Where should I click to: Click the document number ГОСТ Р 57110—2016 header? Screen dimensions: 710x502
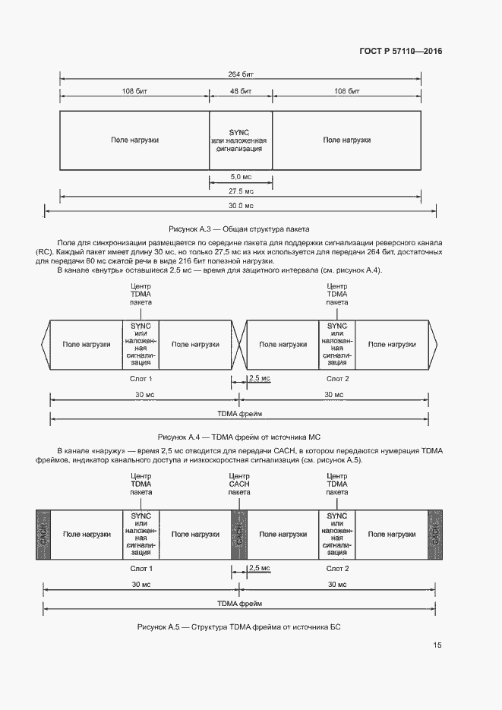(400, 51)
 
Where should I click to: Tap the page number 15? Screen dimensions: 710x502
(437, 645)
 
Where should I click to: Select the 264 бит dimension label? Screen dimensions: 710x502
(240, 74)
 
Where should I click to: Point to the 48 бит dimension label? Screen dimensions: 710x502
(240, 91)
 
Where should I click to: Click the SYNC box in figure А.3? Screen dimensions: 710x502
(240, 140)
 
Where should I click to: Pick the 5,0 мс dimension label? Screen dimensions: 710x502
(240, 176)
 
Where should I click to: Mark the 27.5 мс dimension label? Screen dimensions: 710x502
(240, 191)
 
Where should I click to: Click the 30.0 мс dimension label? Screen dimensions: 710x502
(240, 205)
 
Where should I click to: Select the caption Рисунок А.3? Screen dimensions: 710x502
(239, 229)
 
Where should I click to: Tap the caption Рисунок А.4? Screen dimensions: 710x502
(240, 437)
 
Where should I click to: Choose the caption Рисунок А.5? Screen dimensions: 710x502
(240, 628)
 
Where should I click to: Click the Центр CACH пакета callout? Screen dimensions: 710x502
(239, 484)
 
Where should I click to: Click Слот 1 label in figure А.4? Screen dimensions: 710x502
(141, 378)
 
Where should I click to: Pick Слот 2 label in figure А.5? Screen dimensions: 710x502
(337, 568)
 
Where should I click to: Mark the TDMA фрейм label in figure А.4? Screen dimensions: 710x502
(240, 414)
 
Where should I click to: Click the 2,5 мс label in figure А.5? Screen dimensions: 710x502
(260, 568)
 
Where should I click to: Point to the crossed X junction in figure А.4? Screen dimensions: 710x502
(240, 344)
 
